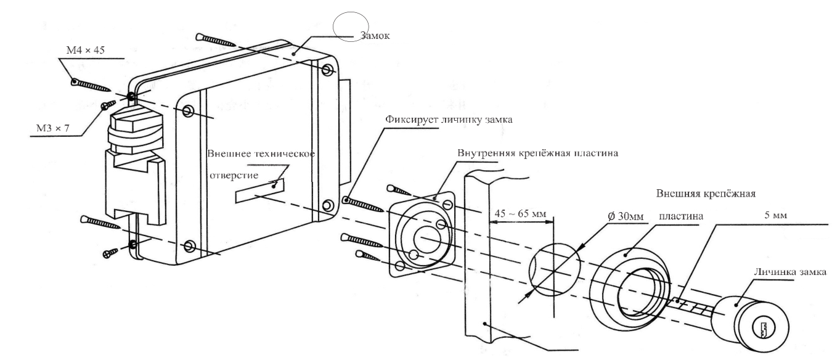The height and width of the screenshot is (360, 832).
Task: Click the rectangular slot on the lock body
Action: pyautogui.click(x=260, y=189)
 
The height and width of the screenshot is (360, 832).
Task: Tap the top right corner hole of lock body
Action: pyautogui.click(x=326, y=68)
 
